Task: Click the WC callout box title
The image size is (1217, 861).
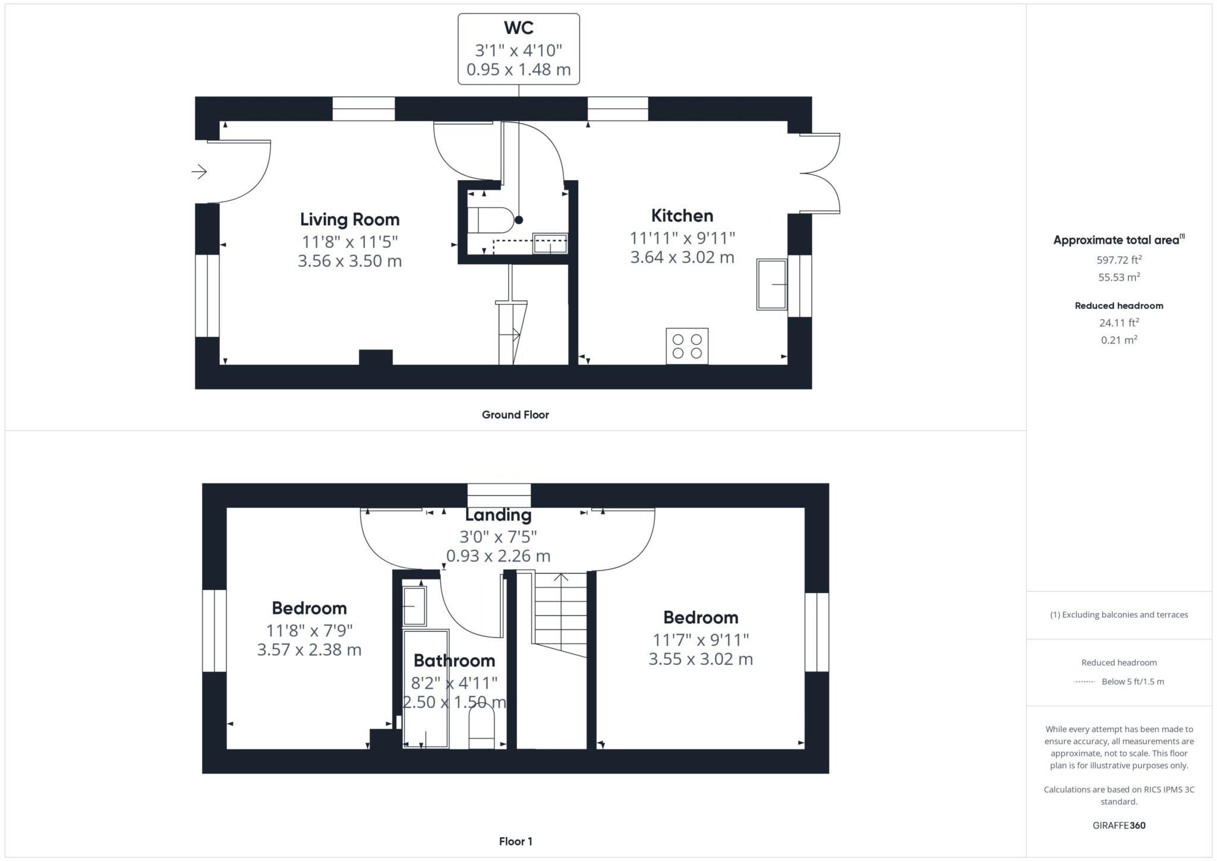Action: point(518,28)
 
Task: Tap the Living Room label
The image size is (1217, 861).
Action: point(349,220)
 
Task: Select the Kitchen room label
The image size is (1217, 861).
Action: point(682,216)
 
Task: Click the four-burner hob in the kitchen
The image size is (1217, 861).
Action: point(687,346)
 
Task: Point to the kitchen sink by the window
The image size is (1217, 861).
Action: point(771,285)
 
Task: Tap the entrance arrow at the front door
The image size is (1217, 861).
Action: point(199,172)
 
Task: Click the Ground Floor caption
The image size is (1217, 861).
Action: point(515,415)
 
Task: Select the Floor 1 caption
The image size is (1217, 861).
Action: point(515,841)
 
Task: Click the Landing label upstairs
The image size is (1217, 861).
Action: point(498,515)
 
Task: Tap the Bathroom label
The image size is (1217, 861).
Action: point(454,661)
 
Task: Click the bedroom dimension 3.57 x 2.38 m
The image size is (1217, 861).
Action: point(309,650)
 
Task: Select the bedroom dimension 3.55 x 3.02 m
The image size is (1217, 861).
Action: point(701,660)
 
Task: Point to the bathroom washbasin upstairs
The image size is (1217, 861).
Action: point(414,606)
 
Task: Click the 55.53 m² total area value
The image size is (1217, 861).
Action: point(1118,277)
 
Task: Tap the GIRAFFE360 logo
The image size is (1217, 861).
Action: point(1118,825)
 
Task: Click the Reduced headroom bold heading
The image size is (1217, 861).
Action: point(1118,306)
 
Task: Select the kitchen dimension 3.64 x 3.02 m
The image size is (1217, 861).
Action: point(682,258)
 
